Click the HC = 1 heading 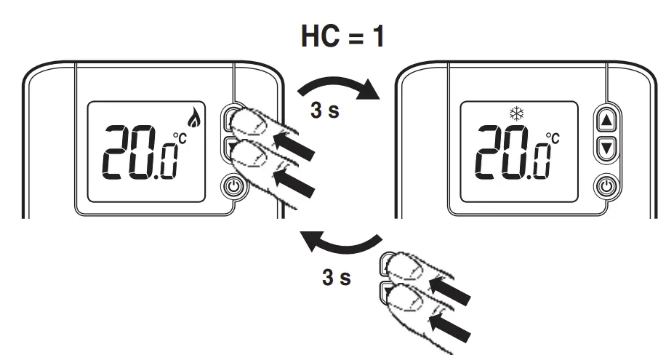(x=342, y=36)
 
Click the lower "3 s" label (x=336, y=277)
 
